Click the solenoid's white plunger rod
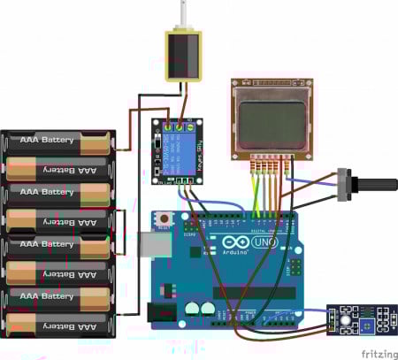[x=186, y=15]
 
